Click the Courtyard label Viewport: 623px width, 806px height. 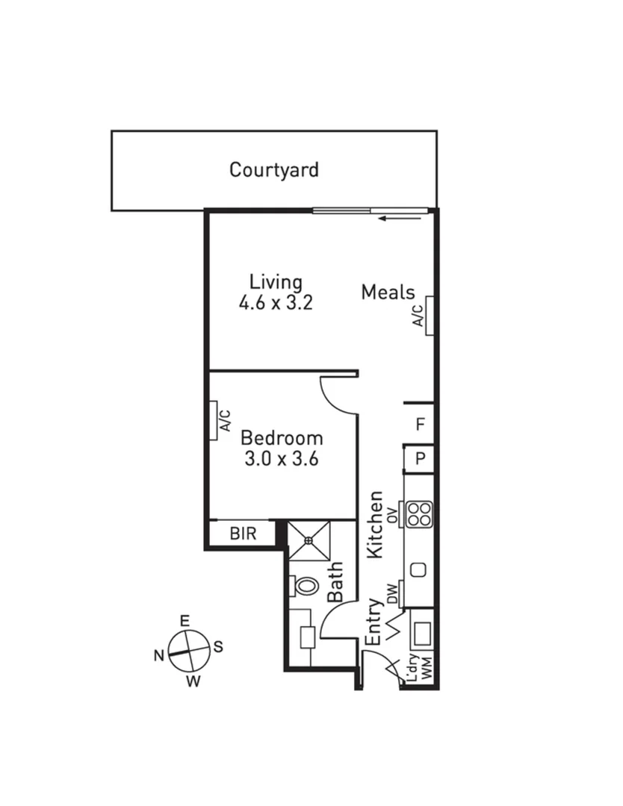273,169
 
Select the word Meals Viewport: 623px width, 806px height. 388,292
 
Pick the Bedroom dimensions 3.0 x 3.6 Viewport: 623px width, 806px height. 282,458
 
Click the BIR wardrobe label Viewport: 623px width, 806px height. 243,534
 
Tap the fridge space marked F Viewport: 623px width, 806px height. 421,425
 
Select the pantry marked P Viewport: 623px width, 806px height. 421,458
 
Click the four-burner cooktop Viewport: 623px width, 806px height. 420,513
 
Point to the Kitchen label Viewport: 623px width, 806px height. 376,524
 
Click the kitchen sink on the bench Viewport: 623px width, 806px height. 418,570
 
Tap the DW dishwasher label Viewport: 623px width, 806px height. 392,594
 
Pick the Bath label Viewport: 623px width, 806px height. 335,582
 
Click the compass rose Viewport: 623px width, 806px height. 187,651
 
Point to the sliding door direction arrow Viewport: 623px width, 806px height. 394,219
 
